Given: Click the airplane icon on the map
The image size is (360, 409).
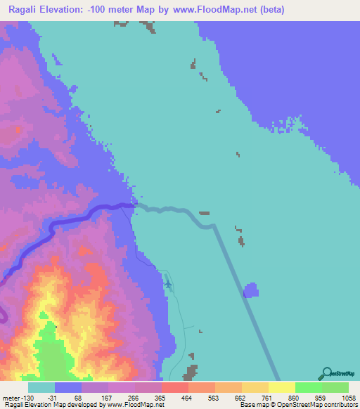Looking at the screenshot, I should click(x=168, y=284).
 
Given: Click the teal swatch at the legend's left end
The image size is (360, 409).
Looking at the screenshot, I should click(x=41, y=388).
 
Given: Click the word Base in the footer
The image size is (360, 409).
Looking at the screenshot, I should click(x=247, y=405).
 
